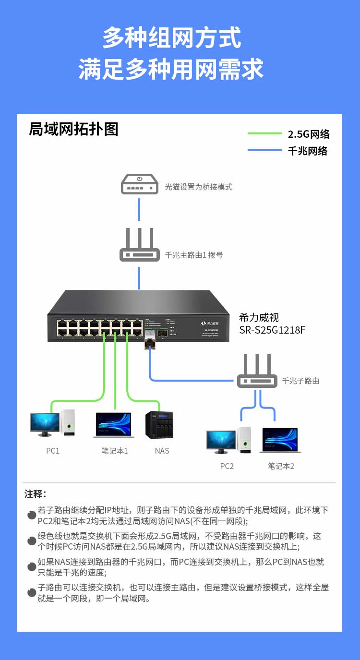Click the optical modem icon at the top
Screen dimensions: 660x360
click(139, 184)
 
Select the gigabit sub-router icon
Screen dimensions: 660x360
click(257, 372)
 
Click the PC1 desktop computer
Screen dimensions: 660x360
click(53, 423)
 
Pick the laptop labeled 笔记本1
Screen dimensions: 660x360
click(114, 425)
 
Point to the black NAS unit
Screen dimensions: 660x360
click(159, 425)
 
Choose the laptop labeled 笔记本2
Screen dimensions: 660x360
click(280, 440)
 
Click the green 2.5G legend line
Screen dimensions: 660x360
click(264, 133)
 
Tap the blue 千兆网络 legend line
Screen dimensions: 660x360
click(264, 150)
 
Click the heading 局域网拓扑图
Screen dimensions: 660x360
click(73, 129)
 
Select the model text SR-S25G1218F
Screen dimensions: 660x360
click(272, 330)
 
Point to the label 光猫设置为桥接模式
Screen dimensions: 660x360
click(199, 187)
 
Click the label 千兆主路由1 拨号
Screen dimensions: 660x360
click(194, 255)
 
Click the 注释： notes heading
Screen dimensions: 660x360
click(36, 494)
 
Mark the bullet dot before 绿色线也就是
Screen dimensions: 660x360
click(32, 541)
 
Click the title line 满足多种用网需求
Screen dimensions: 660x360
click(171, 69)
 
